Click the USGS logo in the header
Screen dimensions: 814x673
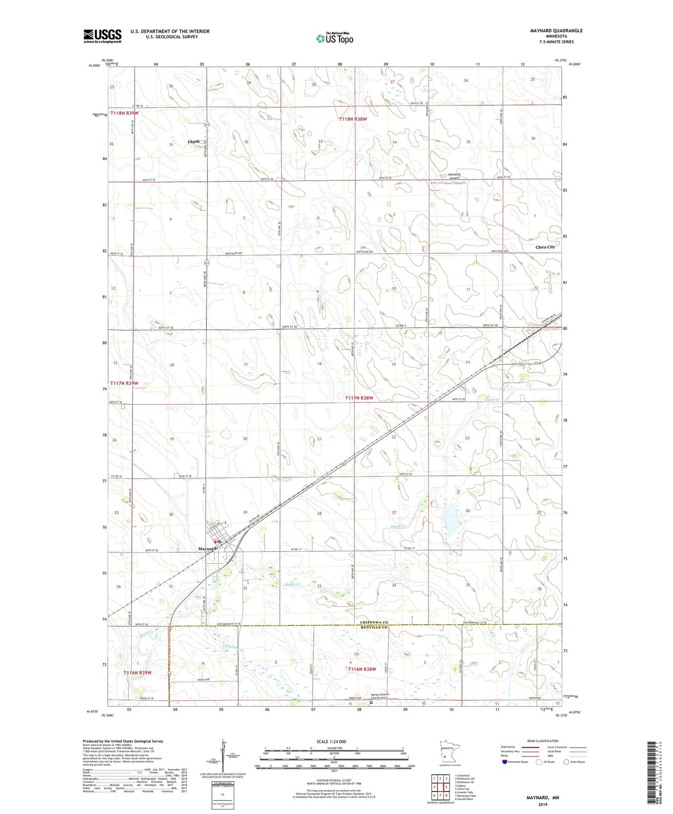(x=102, y=36)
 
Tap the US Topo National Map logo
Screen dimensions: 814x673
(x=334, y=38)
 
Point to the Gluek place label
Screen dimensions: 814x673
(x=194, y=141)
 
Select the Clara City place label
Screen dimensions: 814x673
(x=545, y=247)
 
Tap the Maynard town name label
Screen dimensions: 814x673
(x=208, y=549)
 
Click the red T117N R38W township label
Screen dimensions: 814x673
(x=359, y=398)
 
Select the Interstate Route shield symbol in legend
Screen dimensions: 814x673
(x=505, y=761)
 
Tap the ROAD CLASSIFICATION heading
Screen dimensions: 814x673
(x=542, y=741)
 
